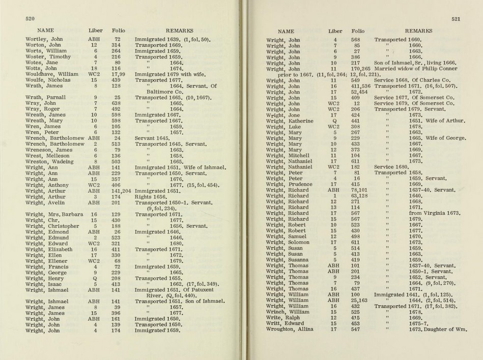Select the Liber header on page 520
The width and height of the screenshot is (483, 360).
coord(95,31)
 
